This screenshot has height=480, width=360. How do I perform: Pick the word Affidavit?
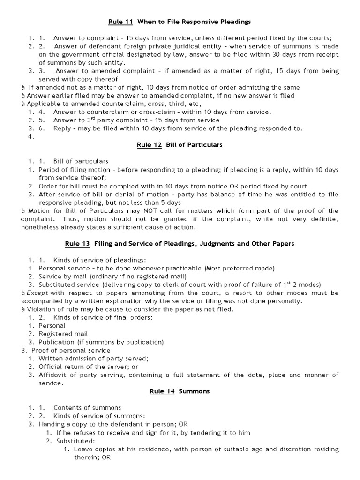(53, 375)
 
